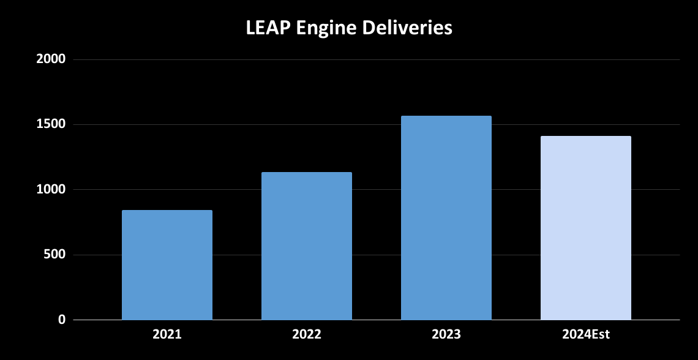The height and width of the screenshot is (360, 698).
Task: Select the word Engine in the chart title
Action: coord(325,28)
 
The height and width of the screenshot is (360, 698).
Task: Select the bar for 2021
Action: coord(167,265)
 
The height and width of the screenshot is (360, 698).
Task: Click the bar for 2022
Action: coord(307,246)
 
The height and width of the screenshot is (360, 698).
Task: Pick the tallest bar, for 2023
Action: coord(446,218)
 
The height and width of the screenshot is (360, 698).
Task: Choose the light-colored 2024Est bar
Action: coord(586,228)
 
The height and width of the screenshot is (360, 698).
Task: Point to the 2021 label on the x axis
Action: coord(167,335)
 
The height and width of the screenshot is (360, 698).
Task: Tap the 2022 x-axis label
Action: coord(307,335)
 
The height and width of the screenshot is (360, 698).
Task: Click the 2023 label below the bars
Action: coord(446,335)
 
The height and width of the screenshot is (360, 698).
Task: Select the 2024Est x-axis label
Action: coord(586,335)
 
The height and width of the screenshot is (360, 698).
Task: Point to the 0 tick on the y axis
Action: coord(61,320)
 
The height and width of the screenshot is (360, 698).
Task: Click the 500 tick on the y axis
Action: coord(54,255)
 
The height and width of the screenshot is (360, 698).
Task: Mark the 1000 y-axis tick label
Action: coord(50,190)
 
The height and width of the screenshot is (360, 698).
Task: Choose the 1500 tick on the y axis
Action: coord(50,125)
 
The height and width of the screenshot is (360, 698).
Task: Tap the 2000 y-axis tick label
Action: coord(50,60)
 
